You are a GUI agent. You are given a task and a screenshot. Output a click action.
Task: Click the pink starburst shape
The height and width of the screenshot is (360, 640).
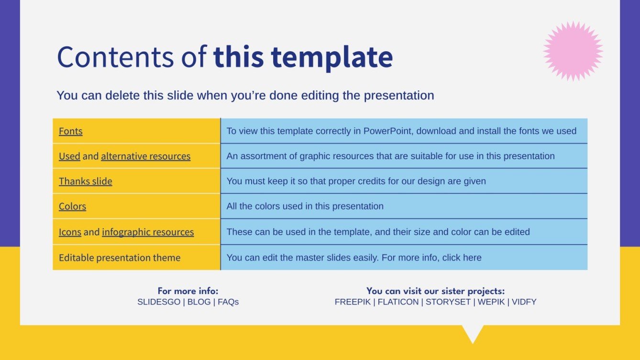tap(573, 51)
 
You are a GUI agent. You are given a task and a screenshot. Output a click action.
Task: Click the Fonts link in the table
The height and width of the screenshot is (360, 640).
tap(70, 131)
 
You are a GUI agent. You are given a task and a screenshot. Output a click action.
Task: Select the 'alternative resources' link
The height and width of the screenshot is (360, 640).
tap(145, 156)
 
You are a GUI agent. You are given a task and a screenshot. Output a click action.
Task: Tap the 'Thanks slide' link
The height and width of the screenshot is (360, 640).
tap(85, 181)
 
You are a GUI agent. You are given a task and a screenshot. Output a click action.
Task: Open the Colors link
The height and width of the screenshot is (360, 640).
tap(72, 207)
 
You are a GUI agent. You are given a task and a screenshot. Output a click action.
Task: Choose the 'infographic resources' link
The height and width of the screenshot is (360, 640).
tap(148, 232)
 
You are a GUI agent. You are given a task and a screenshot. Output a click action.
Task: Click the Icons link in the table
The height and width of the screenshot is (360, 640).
tap(70, 232)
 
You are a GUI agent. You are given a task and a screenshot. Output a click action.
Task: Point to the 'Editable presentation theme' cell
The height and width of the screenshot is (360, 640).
tap(120, 258)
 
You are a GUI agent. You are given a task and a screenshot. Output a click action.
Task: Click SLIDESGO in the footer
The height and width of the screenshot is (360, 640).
tap(159, 302)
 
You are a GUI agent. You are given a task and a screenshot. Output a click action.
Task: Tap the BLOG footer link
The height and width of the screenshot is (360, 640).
tap(199, 302)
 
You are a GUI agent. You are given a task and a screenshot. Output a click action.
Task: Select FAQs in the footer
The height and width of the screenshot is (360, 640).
tap(228, 302)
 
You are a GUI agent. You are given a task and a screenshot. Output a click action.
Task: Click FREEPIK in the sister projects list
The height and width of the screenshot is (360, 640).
tap(353, 302)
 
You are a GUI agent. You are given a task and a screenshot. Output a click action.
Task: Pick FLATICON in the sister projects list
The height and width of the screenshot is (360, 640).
tap(398, 302)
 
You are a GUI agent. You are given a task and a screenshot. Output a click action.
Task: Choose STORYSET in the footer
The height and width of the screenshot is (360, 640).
tap(448, 302)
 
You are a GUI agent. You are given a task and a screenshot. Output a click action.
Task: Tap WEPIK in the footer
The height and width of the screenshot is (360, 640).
tap(491, 302)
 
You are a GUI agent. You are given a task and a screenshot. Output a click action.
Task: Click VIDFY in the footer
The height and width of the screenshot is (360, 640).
tap(524, 302)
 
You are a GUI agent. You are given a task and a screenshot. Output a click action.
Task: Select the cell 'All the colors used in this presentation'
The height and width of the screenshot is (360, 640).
tap(305, 207)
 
